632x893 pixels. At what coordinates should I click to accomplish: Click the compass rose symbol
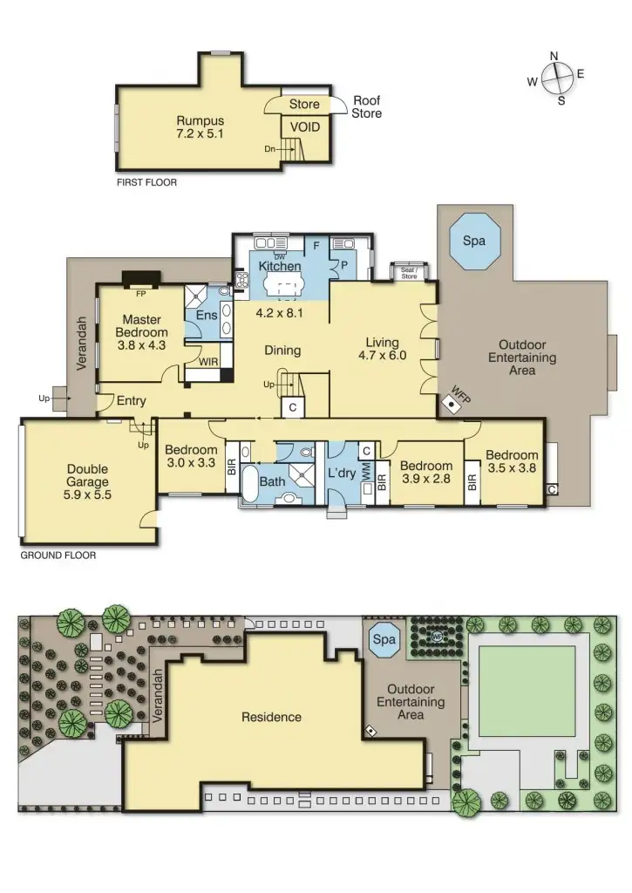[555, 78]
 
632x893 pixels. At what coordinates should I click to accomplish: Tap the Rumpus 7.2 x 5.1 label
[200, 128]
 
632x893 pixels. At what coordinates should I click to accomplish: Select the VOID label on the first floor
[304, 127]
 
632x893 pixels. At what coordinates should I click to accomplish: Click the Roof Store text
[366, 107]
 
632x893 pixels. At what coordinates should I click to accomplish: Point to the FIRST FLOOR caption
[146, 184]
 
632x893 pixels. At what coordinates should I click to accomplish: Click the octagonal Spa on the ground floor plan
[474, 241]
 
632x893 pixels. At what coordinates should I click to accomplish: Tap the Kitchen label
[280, 266]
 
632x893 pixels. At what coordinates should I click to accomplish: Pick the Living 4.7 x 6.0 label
[382, 349]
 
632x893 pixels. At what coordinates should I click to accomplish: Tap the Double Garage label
[87, 481]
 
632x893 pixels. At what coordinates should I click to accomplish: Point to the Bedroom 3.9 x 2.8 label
[426, 472]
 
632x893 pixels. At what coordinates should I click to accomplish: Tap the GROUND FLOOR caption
[58, 555]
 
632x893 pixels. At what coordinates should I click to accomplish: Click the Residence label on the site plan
[271, 717]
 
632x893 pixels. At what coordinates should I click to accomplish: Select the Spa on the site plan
[384, 639]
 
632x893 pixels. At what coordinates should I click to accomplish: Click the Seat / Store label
[409, 273]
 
